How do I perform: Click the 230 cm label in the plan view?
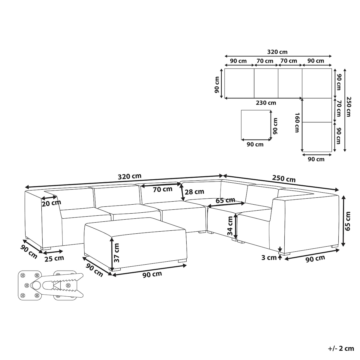tap(266, 103)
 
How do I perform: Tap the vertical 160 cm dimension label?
tap(297, 123)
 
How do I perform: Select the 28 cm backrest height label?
tap(194, 192)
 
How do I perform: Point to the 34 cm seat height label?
tap(230, 226)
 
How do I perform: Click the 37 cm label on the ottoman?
tap(116, 253)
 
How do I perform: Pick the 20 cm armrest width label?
tap(51, 203)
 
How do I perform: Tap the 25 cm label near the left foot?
tap(54, 259)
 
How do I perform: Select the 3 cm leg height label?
tap(269, 258)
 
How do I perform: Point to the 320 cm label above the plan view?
tap(277, 52)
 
